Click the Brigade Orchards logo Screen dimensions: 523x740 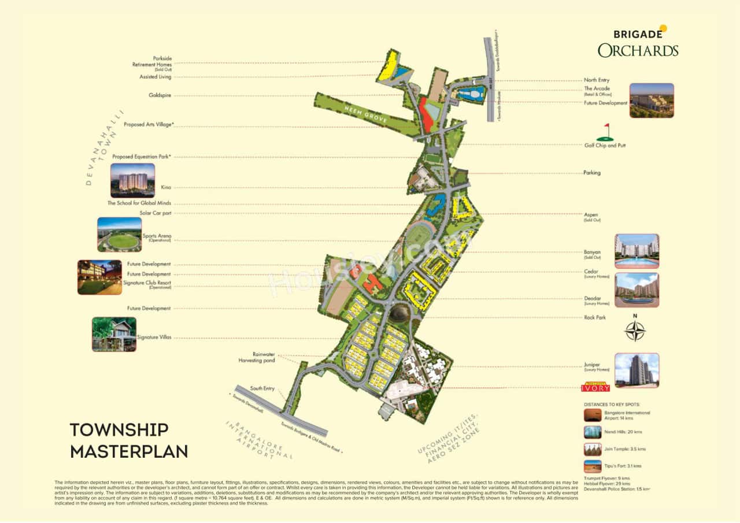[x=638, y=42]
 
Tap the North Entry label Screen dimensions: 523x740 [x=597, y=80]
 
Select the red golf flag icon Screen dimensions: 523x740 [x=606, y=132]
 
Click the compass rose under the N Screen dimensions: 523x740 [x=635, y=331]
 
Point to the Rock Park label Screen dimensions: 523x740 [x=595, y=317]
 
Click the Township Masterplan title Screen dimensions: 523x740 [x=128, y=440]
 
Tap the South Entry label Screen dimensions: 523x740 [x=262, y=388]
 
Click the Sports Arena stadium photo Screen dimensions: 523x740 [x=119, y=235]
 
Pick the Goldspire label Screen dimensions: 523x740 [x=160, y=95]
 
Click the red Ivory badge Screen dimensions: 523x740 [x=595, y=388]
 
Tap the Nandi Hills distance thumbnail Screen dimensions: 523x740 [x=592, y=432]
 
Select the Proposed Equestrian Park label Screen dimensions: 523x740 [x=142, y=157]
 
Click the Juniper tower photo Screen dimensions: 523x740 [x=637, y=370]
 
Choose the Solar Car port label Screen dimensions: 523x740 [x=156, y=213]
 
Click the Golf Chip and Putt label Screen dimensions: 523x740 [x=605, y=146]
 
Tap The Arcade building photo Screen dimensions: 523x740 [x=651, y=101]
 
